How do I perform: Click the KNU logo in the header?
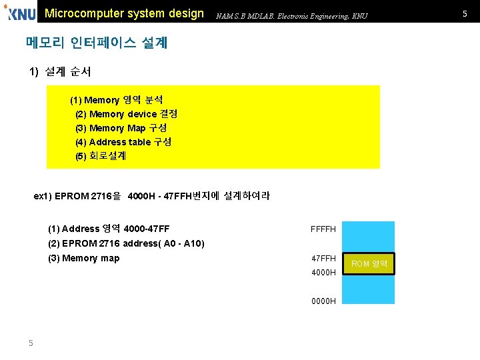click(x=20, y=13)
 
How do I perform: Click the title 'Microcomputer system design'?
click(x=124, y=13)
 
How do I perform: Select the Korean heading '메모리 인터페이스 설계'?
click(x=97, y=43)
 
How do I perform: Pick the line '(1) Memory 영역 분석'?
click(x=117, y=101)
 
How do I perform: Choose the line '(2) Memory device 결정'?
click(x=126, y=115)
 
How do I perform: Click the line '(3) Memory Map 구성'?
click(x=121, y=129)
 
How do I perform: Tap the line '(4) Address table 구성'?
click(x=123, y=142)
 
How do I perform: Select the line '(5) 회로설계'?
click(x=101, y=156)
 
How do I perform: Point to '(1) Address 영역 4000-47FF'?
click(x=109, y=229)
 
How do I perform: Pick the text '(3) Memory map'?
click(x=84, y=258)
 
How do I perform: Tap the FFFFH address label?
click(x=323, y=230)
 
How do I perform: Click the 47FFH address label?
click(x=323, y=259)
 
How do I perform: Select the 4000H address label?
click(x=323, y=273)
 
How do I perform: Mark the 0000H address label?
click(x=323, y=301)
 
